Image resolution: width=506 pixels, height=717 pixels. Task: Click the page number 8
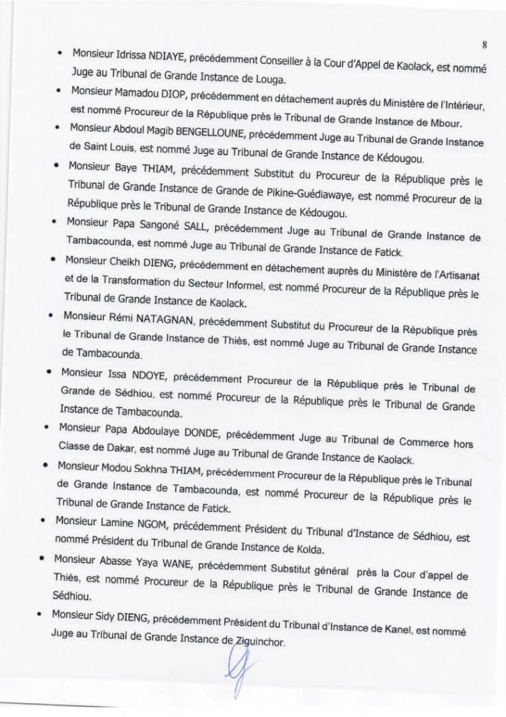[484, 46]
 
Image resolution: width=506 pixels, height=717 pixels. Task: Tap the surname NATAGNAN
[164, 324]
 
